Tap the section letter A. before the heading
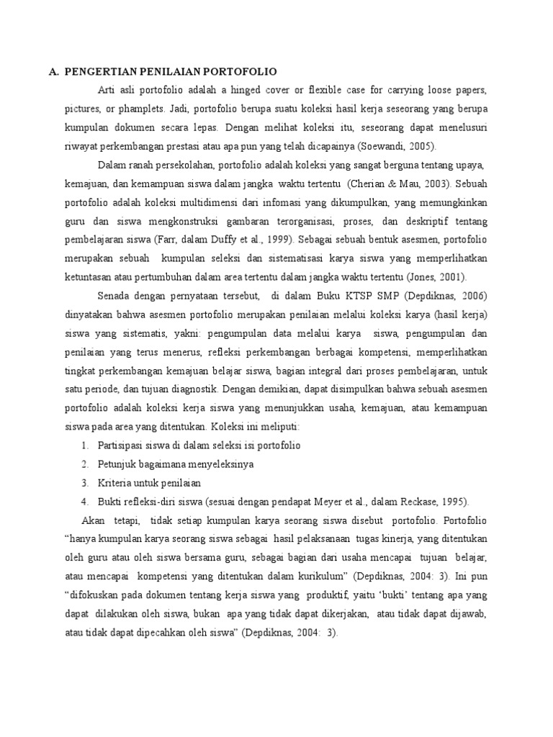click(x=53, y=71)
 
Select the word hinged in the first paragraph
click(x=262, y=91)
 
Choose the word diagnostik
click(x=192, y=389)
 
